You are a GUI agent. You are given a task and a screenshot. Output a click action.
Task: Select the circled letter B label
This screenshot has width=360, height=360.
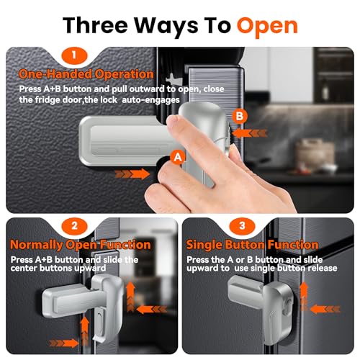[x=239, y=115]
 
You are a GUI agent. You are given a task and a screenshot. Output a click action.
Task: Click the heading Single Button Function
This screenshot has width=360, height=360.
[x=252, y=245]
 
